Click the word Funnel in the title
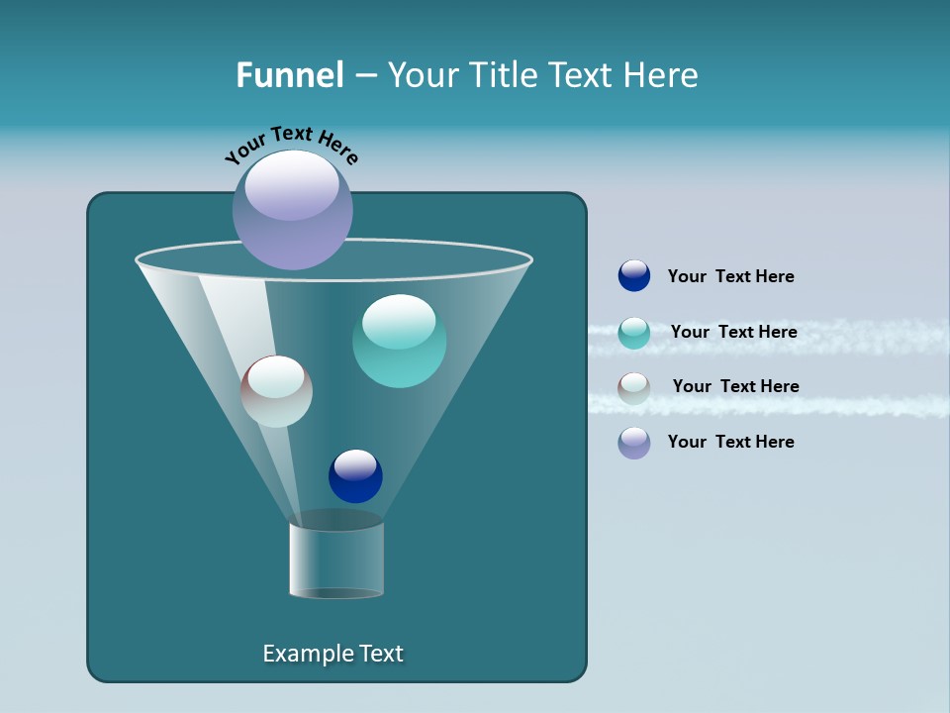pyautogui.click(x=290, y=75)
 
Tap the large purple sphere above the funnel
pyautogui.click(x=293, y=209)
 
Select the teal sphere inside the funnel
pyautogui.click(x=400, y=341)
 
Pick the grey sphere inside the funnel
pyautogui.click(x=277, y=391)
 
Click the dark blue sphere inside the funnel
pyautogui.click(x=355, y=475)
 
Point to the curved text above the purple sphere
pyautogui.click(x=292, y=145)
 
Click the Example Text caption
pyautogui.click(x=332, y=654)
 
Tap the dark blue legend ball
pyautogui.click(x=634, y=275)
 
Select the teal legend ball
pyautogui.click(x=634, y=333)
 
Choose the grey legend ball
pyautogui.click(x=634, y=388)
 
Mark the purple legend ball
pyautogui.click(x=634, y=443)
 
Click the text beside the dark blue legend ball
pyautogui.click(x=730, y=276)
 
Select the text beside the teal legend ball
pyautogui.click(x=733, y=332)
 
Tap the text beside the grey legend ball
pyautogui.click(x=735, y=386)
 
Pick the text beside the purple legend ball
pyautogui.click(x=730, y=442)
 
